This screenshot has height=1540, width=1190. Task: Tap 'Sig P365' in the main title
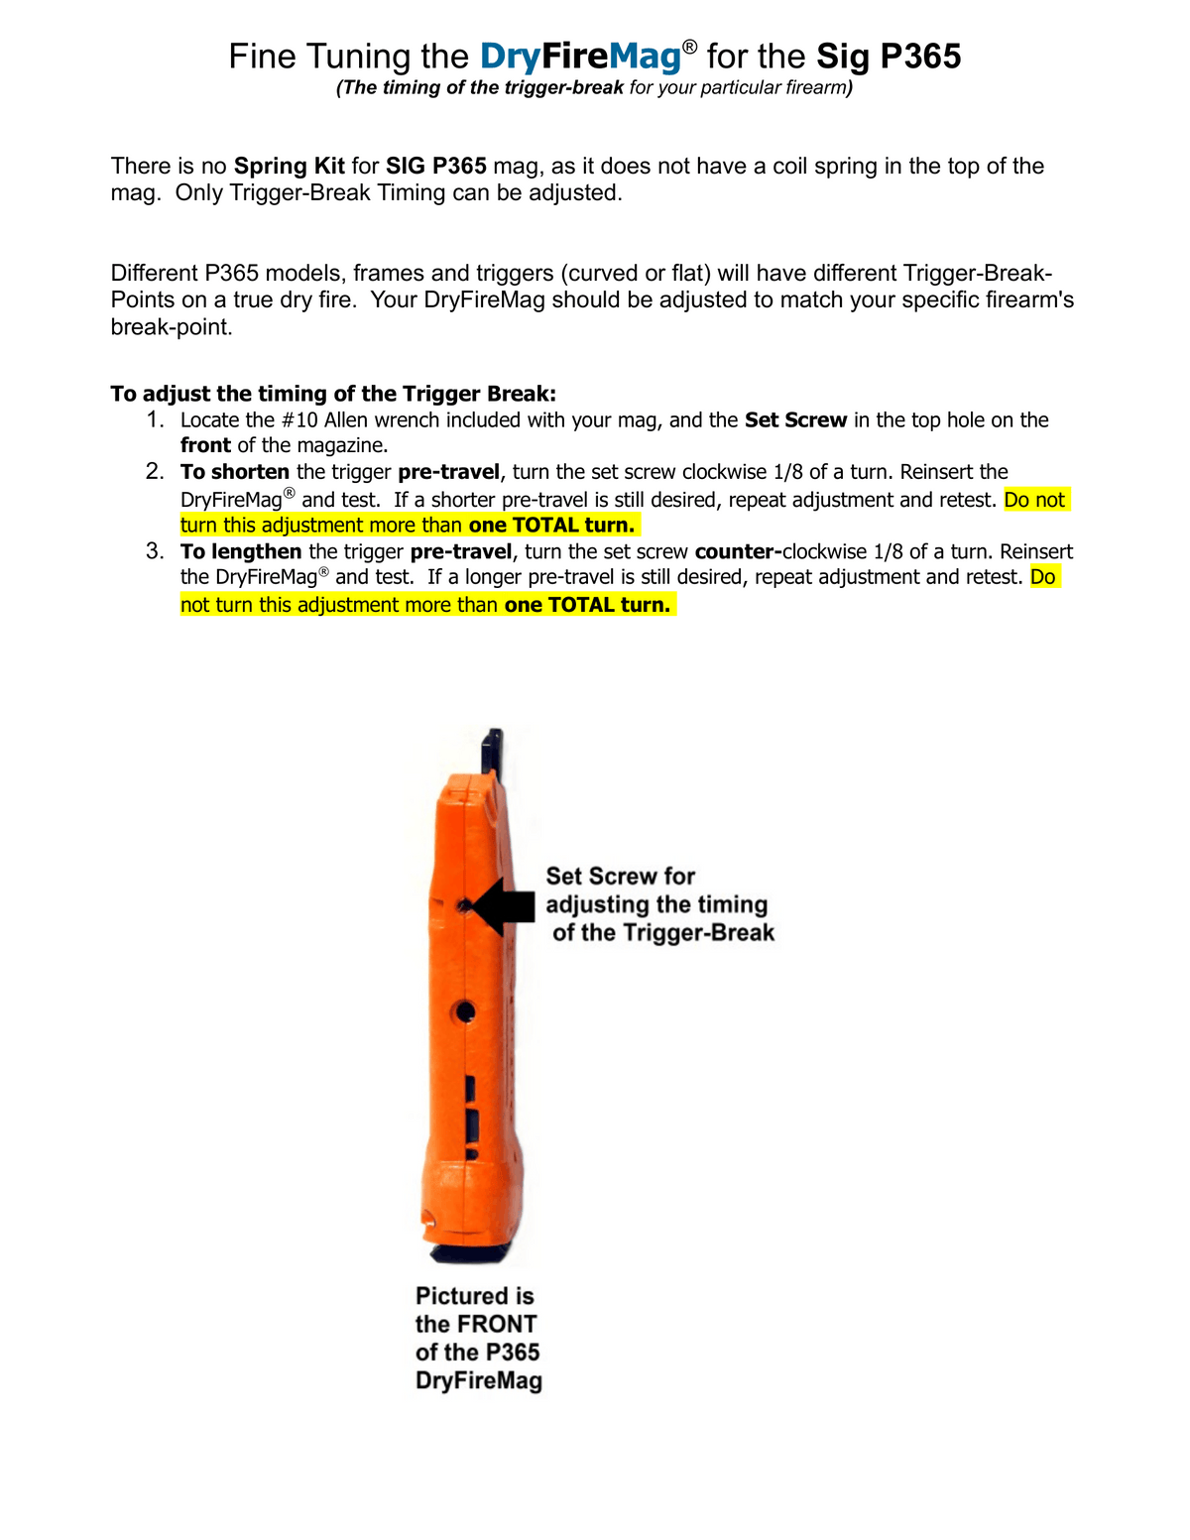(889, 57)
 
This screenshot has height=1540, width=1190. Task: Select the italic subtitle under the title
(594, 88)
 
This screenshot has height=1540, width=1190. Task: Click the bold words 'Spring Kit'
(290, 166)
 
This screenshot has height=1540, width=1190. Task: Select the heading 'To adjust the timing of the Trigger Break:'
(333, 394)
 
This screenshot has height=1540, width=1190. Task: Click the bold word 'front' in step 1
(205, 446)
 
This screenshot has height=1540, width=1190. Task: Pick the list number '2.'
(156, 472)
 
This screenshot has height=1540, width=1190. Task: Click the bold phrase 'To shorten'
(235, 472)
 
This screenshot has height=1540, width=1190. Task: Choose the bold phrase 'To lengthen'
(241, 552)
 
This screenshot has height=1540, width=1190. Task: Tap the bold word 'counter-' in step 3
(738, 552)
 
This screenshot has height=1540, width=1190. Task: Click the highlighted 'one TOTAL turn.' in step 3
(587, 605)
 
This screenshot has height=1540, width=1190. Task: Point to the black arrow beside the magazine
(503, 906)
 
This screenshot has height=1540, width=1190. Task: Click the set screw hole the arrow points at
(463, 905)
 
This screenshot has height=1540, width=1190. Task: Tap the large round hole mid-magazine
(465, 1011)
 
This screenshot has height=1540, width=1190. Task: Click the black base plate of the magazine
(476, 1253)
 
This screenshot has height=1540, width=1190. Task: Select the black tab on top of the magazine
(492, 754)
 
